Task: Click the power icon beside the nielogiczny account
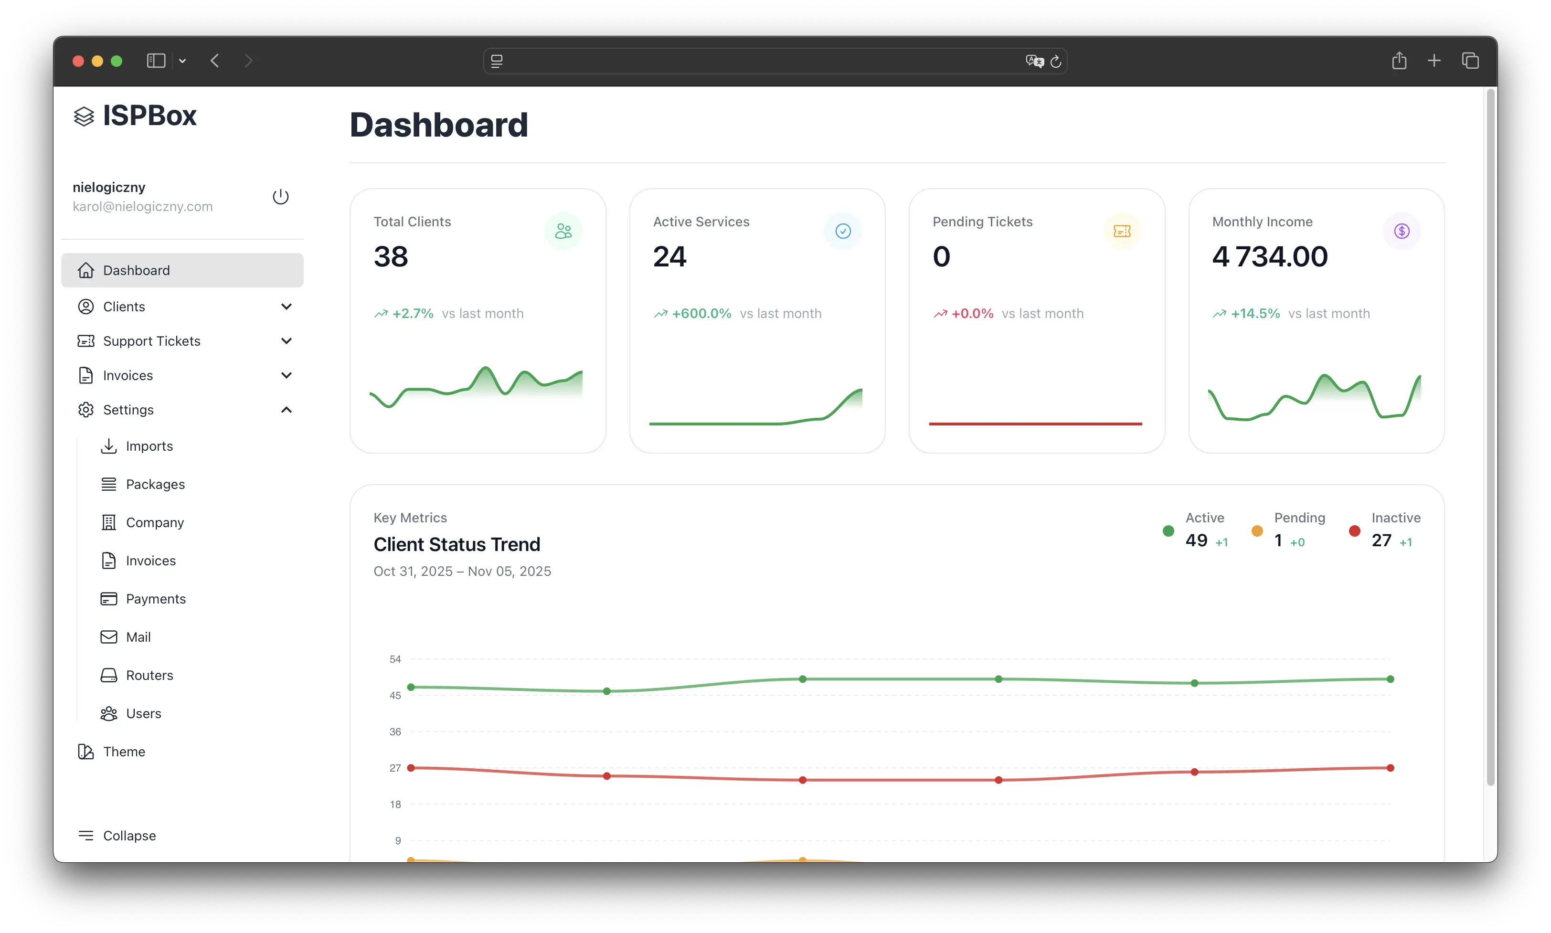pos(280,197)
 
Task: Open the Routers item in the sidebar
pos(149,675)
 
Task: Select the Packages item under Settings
pos(155,484)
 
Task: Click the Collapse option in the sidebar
pos(129,836)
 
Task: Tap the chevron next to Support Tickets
pos(286,341)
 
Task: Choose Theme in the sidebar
pos(124,752)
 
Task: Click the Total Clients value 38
pos(391,256)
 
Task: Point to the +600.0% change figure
pos(701,314)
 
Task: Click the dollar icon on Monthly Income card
pos(1402,232)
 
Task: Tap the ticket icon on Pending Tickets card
pos(1122,232)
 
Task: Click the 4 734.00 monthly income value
pos(1269,256)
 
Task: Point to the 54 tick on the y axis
pos(395,659)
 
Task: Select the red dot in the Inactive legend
pos(1354,531)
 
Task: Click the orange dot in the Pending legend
pos(1257,531)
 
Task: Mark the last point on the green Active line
pos(1390,679)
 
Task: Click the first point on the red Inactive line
pos(411,768)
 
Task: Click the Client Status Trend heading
pos(457,544)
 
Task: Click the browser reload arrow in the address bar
pos(1056,61)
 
